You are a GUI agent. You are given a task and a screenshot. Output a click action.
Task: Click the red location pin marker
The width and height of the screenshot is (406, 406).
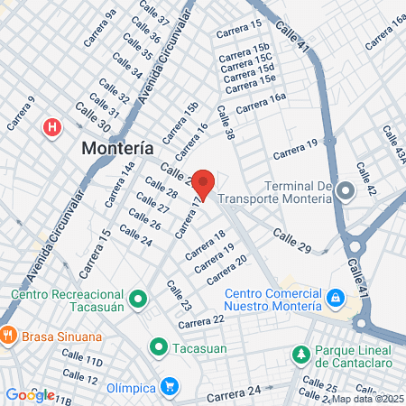point(203,183)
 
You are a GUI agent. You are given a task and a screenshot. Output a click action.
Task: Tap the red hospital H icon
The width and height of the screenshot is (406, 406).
point(53,127)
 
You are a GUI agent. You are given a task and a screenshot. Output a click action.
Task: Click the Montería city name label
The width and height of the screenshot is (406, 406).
point(116,148)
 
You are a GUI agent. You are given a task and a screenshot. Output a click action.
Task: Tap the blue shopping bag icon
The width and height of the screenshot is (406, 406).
point(335,297)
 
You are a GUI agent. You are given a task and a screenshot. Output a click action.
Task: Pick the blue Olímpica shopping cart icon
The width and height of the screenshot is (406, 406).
point(170,386)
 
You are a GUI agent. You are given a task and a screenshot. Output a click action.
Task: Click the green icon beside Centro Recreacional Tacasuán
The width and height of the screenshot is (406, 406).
point(137,297)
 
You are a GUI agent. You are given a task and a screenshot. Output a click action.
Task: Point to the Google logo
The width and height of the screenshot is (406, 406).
point(30,394)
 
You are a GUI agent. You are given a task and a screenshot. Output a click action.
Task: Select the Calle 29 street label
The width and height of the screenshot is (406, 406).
point(291,240)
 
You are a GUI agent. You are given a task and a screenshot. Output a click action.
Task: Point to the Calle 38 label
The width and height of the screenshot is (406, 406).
point(225,126)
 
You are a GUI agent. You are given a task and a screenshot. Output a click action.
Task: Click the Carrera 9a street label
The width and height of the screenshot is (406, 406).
point(100,27)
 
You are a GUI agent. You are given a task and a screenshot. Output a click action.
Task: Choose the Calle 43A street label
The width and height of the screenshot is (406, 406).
point(393,144)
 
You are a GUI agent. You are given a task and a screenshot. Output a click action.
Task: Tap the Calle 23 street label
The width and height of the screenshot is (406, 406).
point(179,295)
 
